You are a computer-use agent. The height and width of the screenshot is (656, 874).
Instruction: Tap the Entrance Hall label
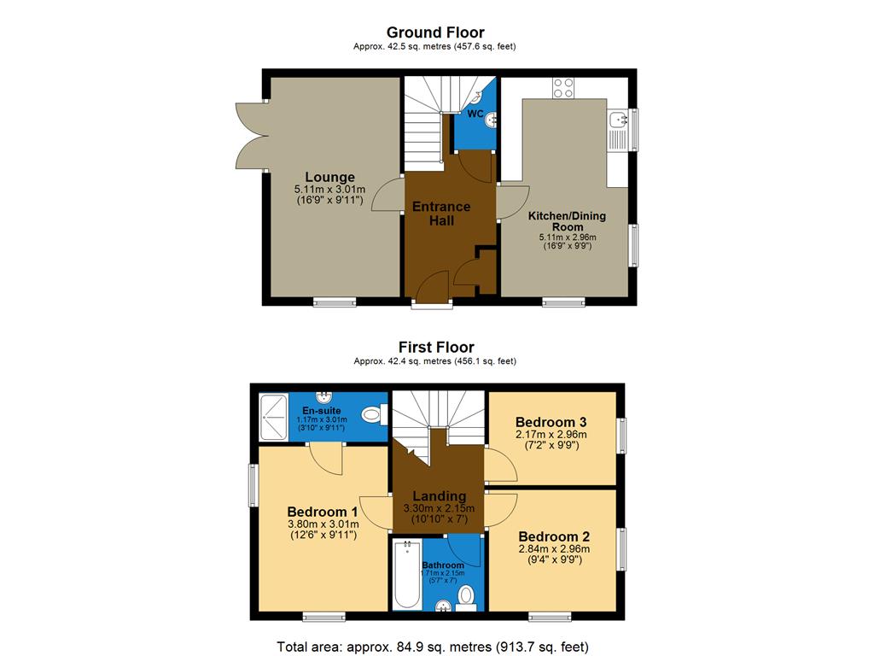pos(441,214)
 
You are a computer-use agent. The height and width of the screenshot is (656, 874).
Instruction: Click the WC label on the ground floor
pos(475,113)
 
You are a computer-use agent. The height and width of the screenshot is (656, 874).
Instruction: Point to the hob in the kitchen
pos(562,87)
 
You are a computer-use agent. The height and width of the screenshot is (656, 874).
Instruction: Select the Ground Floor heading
pos(436,32)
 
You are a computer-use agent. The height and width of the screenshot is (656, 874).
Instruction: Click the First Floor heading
pos(435,347)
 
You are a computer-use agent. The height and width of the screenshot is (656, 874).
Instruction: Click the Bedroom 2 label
pos(554,536)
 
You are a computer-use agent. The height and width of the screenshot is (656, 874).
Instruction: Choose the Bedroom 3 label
pos(551,422)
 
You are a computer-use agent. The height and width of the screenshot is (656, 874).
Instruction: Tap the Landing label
pos(439,495)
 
